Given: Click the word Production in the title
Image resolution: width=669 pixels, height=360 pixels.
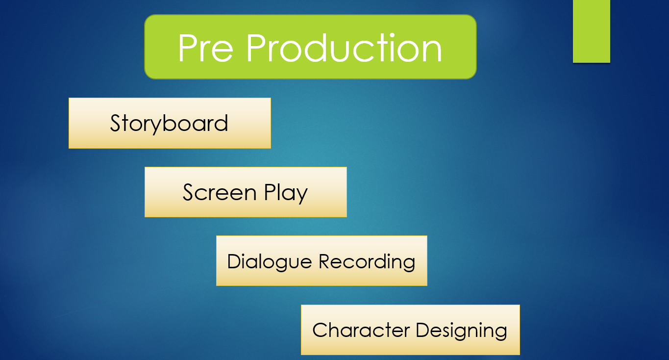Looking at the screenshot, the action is click(x=344, y=48).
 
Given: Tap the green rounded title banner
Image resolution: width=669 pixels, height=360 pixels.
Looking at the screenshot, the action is click(x=310, y=47).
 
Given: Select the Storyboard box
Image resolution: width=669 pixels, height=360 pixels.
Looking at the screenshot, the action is click(x=170, y=123).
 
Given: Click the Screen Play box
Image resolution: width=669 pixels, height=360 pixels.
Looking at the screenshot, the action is click(x=246, y=192).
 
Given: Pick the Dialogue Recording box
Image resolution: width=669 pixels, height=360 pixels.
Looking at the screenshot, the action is click(x=322, y=261).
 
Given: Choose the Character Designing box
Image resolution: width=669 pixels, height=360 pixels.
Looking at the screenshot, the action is click(x=410, y=330).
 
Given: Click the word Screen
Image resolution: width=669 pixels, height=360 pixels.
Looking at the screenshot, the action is click(x=220, y=192).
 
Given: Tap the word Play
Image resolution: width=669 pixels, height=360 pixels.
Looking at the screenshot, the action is click(x=286, y=194).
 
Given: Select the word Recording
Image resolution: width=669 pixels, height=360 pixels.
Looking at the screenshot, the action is click(x=367, y=262).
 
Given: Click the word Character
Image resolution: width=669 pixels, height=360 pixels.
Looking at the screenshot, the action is click(x=361, y=330).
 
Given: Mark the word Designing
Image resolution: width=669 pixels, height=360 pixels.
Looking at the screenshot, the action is click(x=461, y=332).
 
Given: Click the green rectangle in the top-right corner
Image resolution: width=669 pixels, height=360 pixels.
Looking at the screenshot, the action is click(x=592, y=31).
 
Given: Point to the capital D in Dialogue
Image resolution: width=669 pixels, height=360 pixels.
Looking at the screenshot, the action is click(x=235, y=261).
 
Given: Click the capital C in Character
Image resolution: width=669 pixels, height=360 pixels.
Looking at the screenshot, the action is click(x=320, y=330).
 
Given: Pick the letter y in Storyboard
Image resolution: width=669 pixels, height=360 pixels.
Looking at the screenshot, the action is click(x=157, y=126).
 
